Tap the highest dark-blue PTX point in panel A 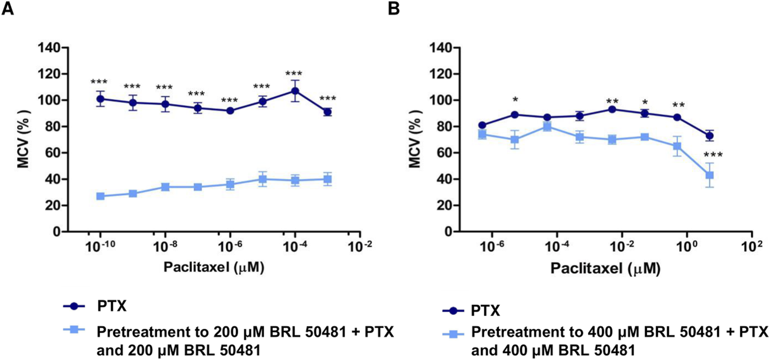pyautogui.click(x=295, y=91)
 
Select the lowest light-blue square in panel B pyautogui.click(x=710, y=175)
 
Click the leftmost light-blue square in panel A pyautogui.click(x=101, y=196)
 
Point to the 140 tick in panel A pyautogui.click(x=50, y=48)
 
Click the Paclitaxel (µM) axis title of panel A pyautogui.click(x=214, y=267)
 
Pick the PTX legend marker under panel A pyautogui.click(x=74, y=306)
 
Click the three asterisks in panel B pyautogui.click(x=713, y=155)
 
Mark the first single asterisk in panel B pyautogui.click(x=514, y=100)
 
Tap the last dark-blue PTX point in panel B pyautogui.click(x=710, y=136)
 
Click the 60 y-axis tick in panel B pyautogui.click(x=440, y=153)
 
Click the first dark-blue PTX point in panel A pyautogui.click(x=101, y=99)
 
